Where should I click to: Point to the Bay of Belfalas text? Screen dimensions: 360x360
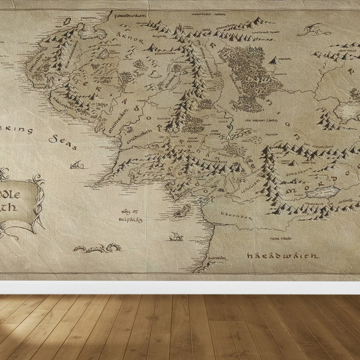pos(130,215)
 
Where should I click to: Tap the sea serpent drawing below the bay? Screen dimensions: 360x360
pos(96,247)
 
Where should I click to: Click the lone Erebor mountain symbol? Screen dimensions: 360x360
pos(274,60)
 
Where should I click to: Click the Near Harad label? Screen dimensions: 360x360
pos(281,239)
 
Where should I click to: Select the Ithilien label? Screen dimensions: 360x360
pos(251,188)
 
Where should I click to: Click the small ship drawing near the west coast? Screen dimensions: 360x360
pos(176,237)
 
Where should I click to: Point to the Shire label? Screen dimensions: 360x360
pos(106,77)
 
